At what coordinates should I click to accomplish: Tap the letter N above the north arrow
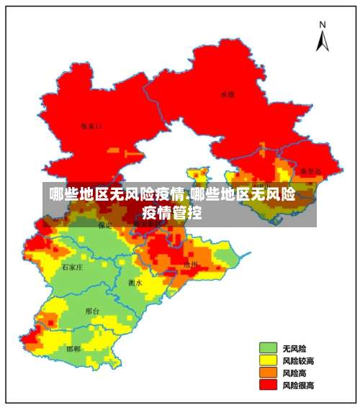point(322,24)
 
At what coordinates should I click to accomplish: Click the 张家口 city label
point(91,126)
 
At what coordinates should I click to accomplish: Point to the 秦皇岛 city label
point(310,171)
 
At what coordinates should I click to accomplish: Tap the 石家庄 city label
point(72,267)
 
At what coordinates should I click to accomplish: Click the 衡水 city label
point(135,283)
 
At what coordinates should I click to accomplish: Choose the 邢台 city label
point(92,311)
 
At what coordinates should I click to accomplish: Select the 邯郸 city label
point(73,349)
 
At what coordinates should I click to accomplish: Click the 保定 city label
point(105,225)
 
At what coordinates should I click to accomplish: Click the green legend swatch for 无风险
point(268,347)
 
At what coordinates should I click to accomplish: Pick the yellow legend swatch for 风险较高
point(268,360)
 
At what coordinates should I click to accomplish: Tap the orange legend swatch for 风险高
point(268,373)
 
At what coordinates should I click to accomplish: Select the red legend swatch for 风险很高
point(268,386)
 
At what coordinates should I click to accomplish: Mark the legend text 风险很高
point(297,386)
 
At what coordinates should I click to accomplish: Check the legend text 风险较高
point(297,360)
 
